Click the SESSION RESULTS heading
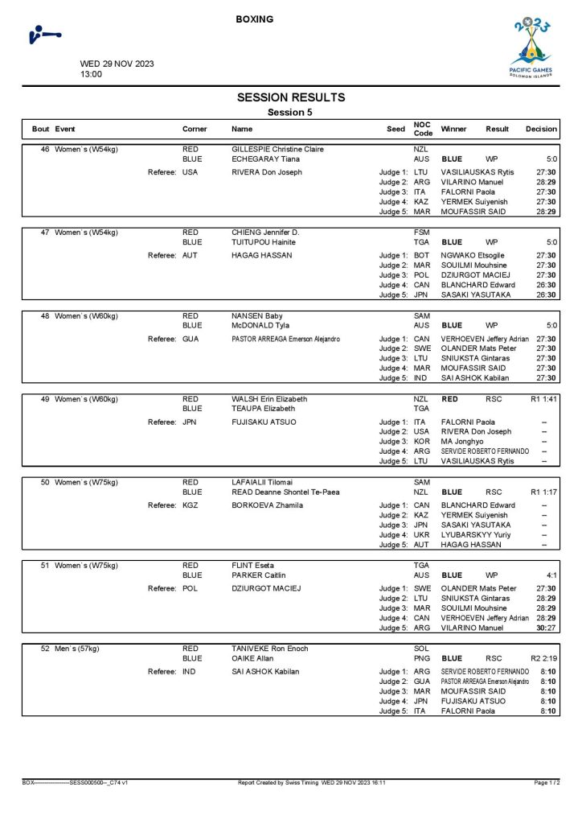(291, 98)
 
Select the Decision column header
(541, 129)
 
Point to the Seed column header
(396, 129)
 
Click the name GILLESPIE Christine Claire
(277, 150)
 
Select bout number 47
(45, 233)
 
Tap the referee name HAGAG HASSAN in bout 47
(261, 256)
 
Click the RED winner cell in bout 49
(450, 399)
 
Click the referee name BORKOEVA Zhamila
(267, 505)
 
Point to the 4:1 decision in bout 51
(551, 575)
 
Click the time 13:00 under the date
(91, 74)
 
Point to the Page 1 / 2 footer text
(547, 782)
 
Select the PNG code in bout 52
(422, 658)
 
